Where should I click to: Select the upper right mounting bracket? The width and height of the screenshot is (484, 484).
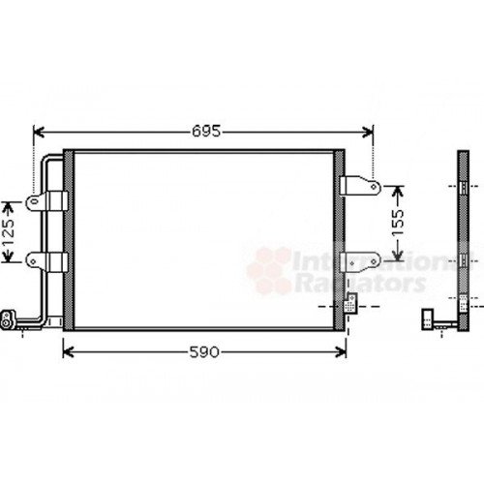[361, 184]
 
